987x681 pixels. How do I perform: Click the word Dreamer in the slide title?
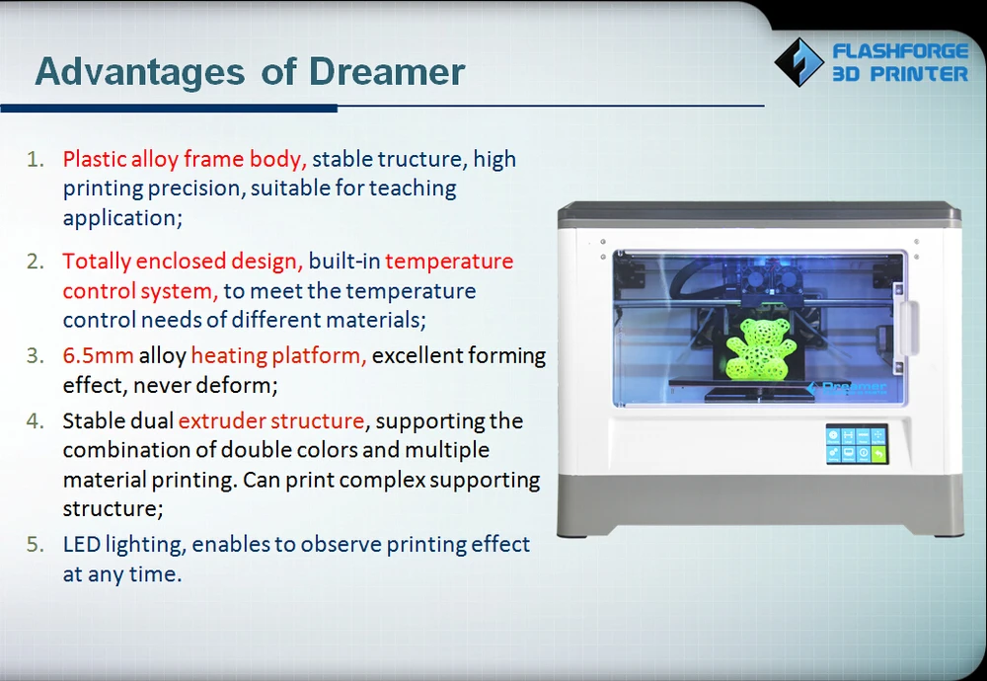point(387,71)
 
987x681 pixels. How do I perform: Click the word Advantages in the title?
point(140,71)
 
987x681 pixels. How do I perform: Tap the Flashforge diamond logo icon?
point(798,61)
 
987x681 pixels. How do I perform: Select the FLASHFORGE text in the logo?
point(900,51)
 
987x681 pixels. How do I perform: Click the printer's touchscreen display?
point(857,444)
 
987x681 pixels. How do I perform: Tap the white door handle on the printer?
point(907,328)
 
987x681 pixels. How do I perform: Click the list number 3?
point(36,355)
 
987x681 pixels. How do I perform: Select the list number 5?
point(36,545)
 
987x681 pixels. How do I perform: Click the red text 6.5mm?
point(98,355)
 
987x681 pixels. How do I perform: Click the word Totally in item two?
point(97,262)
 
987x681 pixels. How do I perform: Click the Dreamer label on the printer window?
point(847,388)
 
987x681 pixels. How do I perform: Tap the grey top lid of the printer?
point(759,214)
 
